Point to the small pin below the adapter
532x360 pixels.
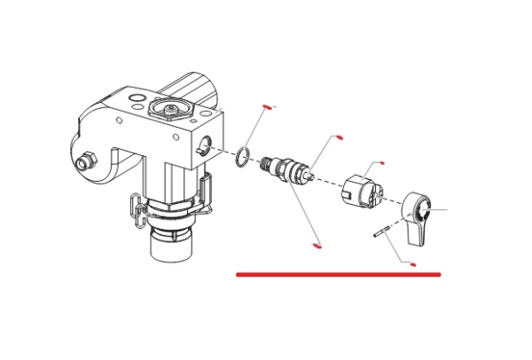[x=383, y=235]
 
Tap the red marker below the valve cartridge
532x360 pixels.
[x=317, y=245]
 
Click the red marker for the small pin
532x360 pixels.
[x=413, y=264]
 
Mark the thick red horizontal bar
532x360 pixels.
[x=338, y=275]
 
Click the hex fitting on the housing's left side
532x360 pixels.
[x=87, y=160]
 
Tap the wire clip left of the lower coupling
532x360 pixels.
[x=138, y=206]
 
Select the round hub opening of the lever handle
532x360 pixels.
[x=425, y=210]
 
